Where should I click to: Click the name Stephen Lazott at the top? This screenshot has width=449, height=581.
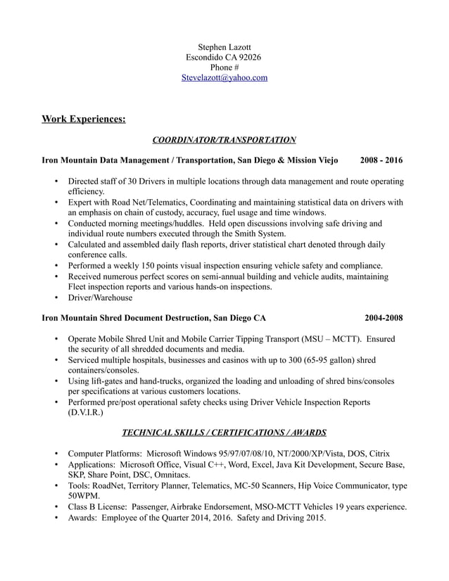pos(224,46)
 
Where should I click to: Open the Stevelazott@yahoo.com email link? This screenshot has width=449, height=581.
pos(224,78)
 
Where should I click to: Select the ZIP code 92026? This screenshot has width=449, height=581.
pos(249,57)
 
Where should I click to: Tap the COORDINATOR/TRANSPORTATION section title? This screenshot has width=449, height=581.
pos(224,140)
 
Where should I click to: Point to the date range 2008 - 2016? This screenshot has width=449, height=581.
pos(381,160)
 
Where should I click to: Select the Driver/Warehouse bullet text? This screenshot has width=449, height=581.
pos(100,298)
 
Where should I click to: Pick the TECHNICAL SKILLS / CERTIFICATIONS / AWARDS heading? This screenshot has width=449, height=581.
pos(224,432)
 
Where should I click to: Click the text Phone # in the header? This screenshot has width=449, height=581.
pos(224,68)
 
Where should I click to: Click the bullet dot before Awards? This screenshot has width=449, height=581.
pos(56,517)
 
